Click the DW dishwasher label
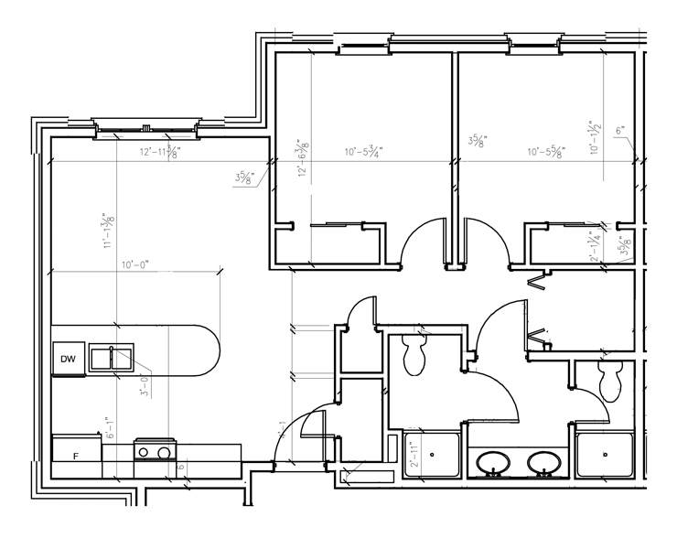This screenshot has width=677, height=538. (x=67, y=359)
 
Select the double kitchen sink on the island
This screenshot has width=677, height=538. (x=113, y=359)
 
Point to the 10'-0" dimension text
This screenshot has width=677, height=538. (x=134, y=264)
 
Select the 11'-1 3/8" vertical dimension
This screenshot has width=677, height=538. (x=109, y=230)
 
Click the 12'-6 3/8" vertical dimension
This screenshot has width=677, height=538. (x=302, y=159)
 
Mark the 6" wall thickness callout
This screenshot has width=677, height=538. (x=619, y=131)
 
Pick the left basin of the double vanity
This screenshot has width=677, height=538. (x=495, y=464)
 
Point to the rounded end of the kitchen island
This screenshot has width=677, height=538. (x=205, y=350)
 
